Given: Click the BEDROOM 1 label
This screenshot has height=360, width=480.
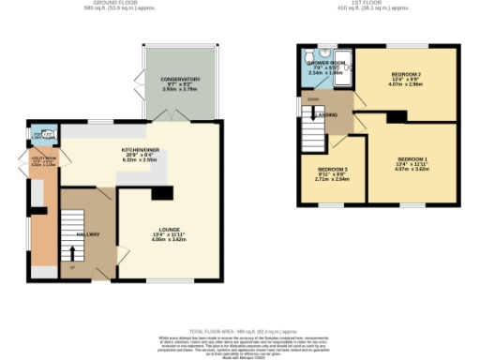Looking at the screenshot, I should [x=413, y=159].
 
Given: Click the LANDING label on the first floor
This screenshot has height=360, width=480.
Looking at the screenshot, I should [x=328, y=116].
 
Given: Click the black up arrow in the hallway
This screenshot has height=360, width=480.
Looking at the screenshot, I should [x=72, y=254].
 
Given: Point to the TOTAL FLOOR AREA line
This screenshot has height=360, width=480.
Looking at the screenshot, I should [x=240, y=332].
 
